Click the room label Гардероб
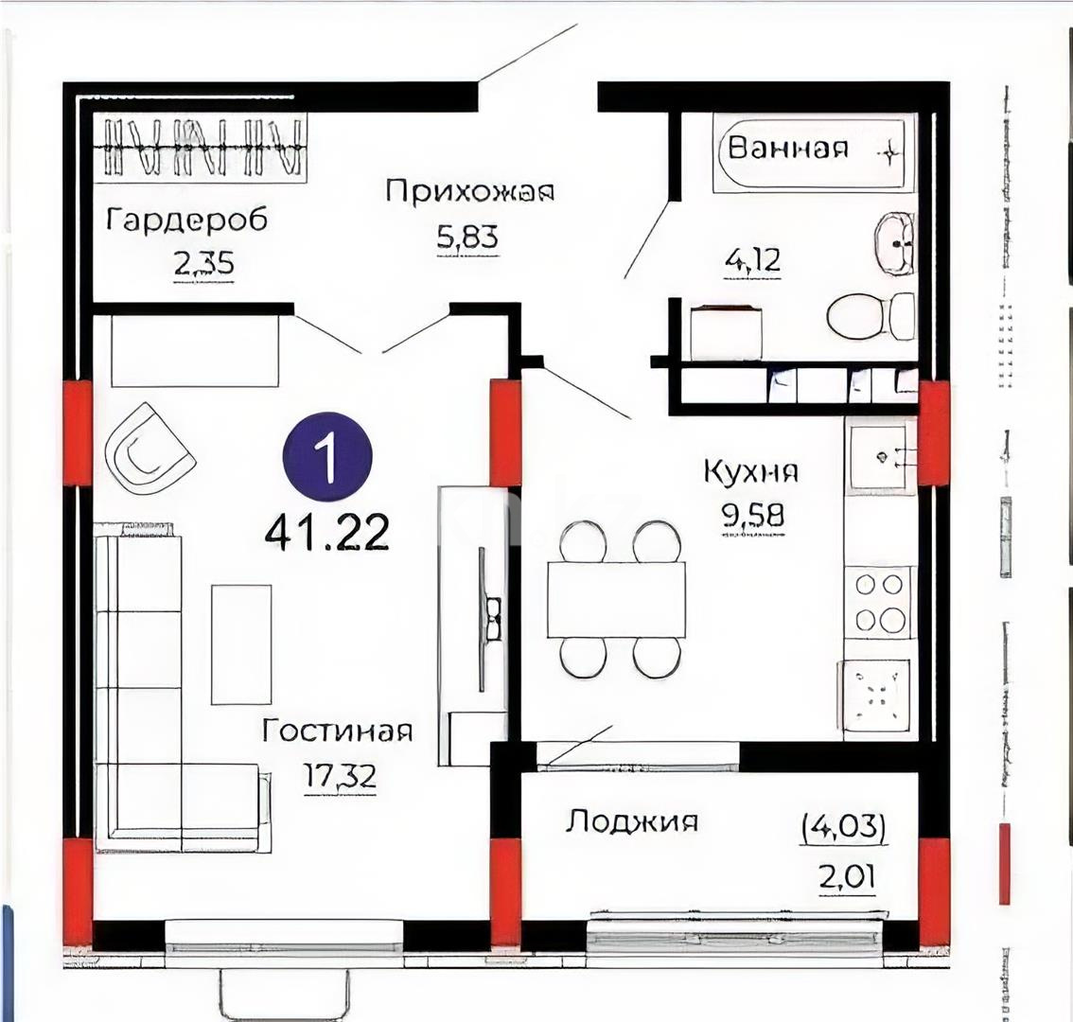coord(186,220)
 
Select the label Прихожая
coord(469,191)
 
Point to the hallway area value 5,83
coord(467,238)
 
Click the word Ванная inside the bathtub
coord(788,148)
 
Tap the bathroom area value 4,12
coord(752,258)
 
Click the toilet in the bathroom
coord(870,316)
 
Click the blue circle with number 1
coord(327,458)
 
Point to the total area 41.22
coord(327,534)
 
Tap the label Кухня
coord(751,471)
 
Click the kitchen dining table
coord(616,600)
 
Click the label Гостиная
coord(338,731)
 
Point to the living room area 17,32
coord(340,776)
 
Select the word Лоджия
coord(632,820)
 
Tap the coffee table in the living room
coord(241,643)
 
